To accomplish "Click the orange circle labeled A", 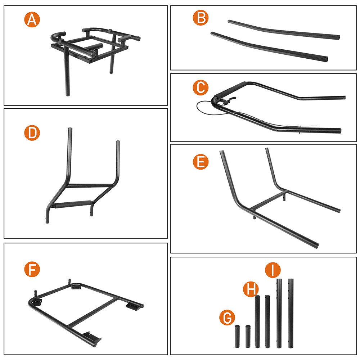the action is click(x=32, y=19).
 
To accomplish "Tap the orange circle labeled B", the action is click(x=201, y=18).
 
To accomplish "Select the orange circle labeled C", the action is click(x=201, y=87).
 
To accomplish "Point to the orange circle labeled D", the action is click(x=32, y=133).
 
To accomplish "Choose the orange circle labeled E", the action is click(x=201, y=162).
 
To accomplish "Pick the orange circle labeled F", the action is click(x=32, y=269).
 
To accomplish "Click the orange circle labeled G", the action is click(x=227, y=318).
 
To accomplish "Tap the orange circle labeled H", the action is click(x=251, y=289).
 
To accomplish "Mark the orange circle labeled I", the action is click(x=273, y=270).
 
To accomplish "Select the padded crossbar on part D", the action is click(x=73, y=204).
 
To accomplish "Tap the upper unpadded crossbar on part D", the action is click(x=91, y=185).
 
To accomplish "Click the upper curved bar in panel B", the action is click(x=284, y=30).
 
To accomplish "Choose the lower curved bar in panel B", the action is click(x=269, y=46).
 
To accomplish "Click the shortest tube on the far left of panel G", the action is click(x=237, y=336).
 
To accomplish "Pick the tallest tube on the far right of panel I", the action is click(x=291, y=314).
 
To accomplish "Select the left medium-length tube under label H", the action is click(x=257, y=321).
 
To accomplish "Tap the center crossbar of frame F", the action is click(x=93, y=311).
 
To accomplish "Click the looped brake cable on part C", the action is click(x=204, y=108).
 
